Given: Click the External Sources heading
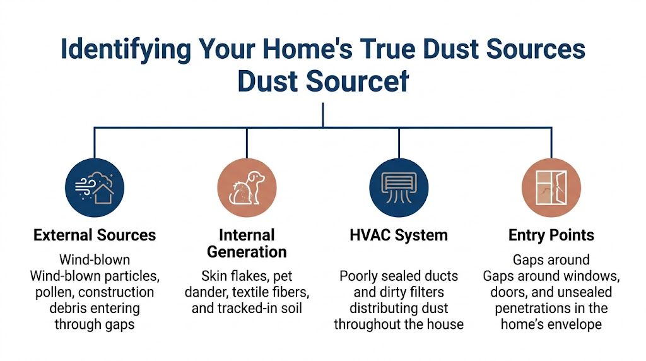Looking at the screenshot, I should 95,235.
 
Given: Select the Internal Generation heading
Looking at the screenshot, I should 247,244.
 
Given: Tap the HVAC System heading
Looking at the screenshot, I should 398,235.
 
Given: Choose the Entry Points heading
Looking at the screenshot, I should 551,235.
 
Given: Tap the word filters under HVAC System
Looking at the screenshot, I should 430,292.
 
